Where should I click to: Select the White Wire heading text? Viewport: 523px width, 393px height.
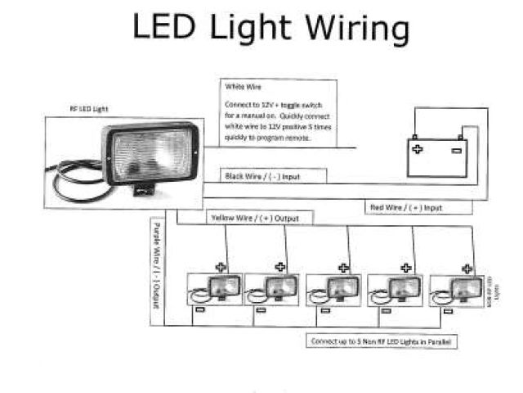[x=238, y=87]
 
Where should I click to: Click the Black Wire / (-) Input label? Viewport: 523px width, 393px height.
[x=262, y=176]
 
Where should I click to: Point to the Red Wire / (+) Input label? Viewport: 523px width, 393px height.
[x=405, y=208]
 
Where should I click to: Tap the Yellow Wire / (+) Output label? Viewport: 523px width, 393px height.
[x=255, y=219]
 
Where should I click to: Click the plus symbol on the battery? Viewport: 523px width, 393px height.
[x=418, y=149]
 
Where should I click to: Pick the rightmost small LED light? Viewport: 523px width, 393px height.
[x=463, y=289]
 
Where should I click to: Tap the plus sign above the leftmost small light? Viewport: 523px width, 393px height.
[x=220, y=266]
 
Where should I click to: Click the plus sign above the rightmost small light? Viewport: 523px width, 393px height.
[x=467, y=267]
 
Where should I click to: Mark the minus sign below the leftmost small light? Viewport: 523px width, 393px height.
[x=199, y=309]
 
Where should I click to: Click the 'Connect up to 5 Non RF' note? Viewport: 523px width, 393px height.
[x=382, y=340]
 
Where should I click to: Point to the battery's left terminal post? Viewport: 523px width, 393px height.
[x=414, y=137]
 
